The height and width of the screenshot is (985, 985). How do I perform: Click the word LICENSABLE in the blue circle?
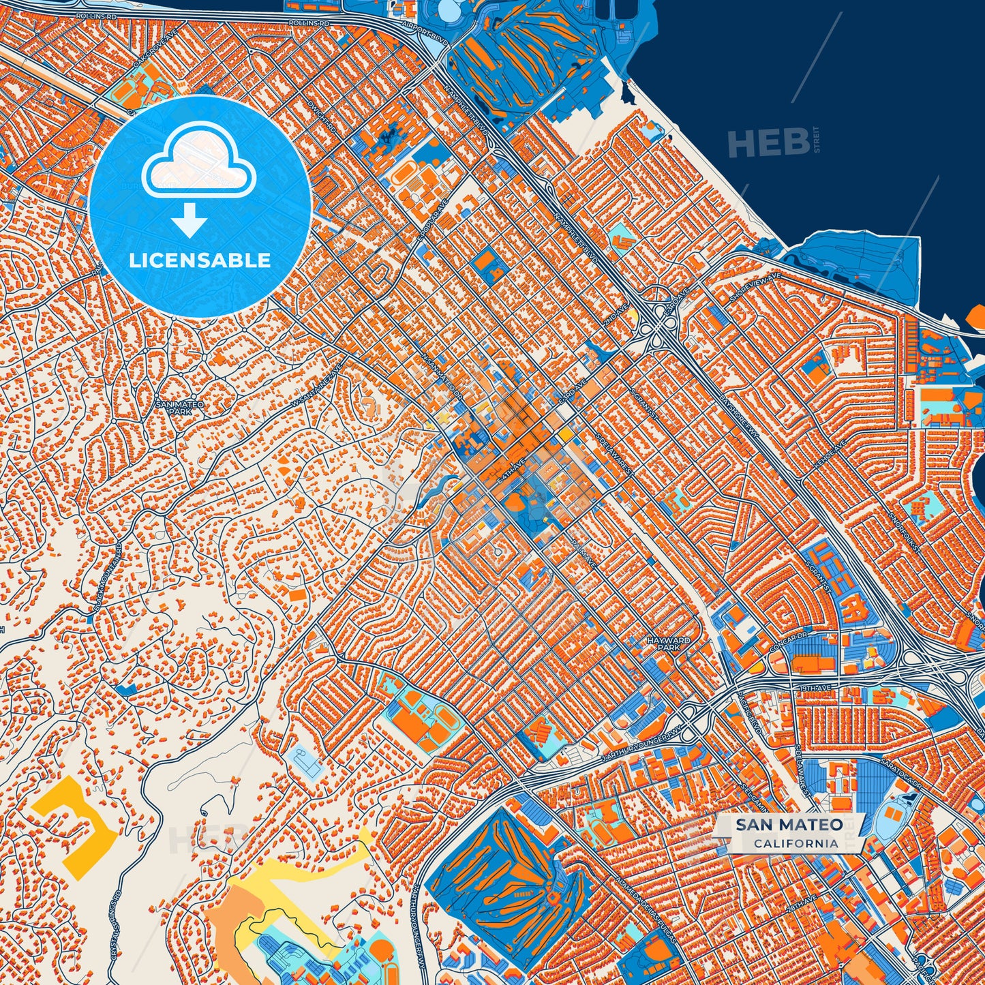(200, 260)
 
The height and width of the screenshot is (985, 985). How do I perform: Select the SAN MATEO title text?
(789, 825)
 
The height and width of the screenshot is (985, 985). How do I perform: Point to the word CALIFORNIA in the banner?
(795, 843)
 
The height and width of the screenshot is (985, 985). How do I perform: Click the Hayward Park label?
(669, 644)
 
